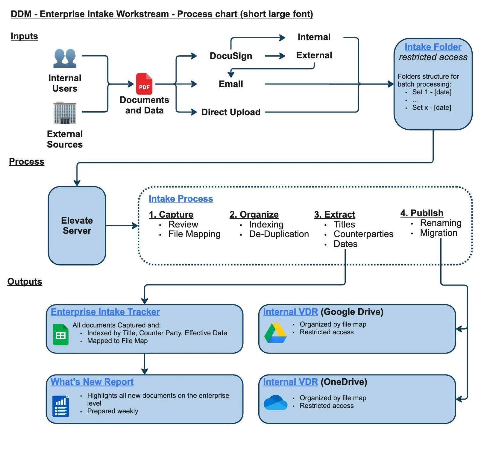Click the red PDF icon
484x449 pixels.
coord(144,84)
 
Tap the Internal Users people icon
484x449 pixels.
coord(65,58)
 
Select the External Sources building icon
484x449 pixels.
coord(65,113)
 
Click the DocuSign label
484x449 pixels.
coord(231,56)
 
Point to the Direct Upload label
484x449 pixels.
coord(231,112)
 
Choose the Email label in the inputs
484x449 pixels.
coord(231,84)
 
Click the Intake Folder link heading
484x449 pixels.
coord(433,47)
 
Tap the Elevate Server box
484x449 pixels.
coord(77,225)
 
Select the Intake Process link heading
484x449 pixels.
coord(181,199)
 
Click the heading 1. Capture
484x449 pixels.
coord(171,215)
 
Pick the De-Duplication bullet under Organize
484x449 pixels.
coord(279,234)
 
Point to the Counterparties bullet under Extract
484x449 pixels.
coord(363,234)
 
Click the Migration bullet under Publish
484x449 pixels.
coord(439,233)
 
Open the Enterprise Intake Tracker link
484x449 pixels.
coord(105,312)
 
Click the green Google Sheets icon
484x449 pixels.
coord(60,335)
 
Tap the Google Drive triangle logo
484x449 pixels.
coord(275,333)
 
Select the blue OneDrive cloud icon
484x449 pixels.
coord(275,403)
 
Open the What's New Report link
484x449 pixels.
coord(92,382)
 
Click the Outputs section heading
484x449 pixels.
coord(25,282)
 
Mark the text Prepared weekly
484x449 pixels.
coord(113,411)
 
